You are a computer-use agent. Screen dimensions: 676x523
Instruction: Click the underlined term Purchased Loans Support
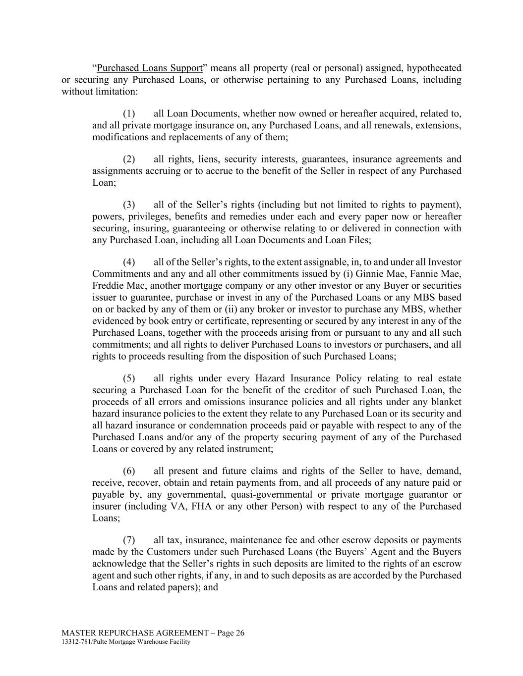pos(150,68)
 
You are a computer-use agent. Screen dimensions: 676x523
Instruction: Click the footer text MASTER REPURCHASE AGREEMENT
pos(135,633)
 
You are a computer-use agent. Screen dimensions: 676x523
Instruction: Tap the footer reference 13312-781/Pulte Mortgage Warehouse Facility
pos(126,642)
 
